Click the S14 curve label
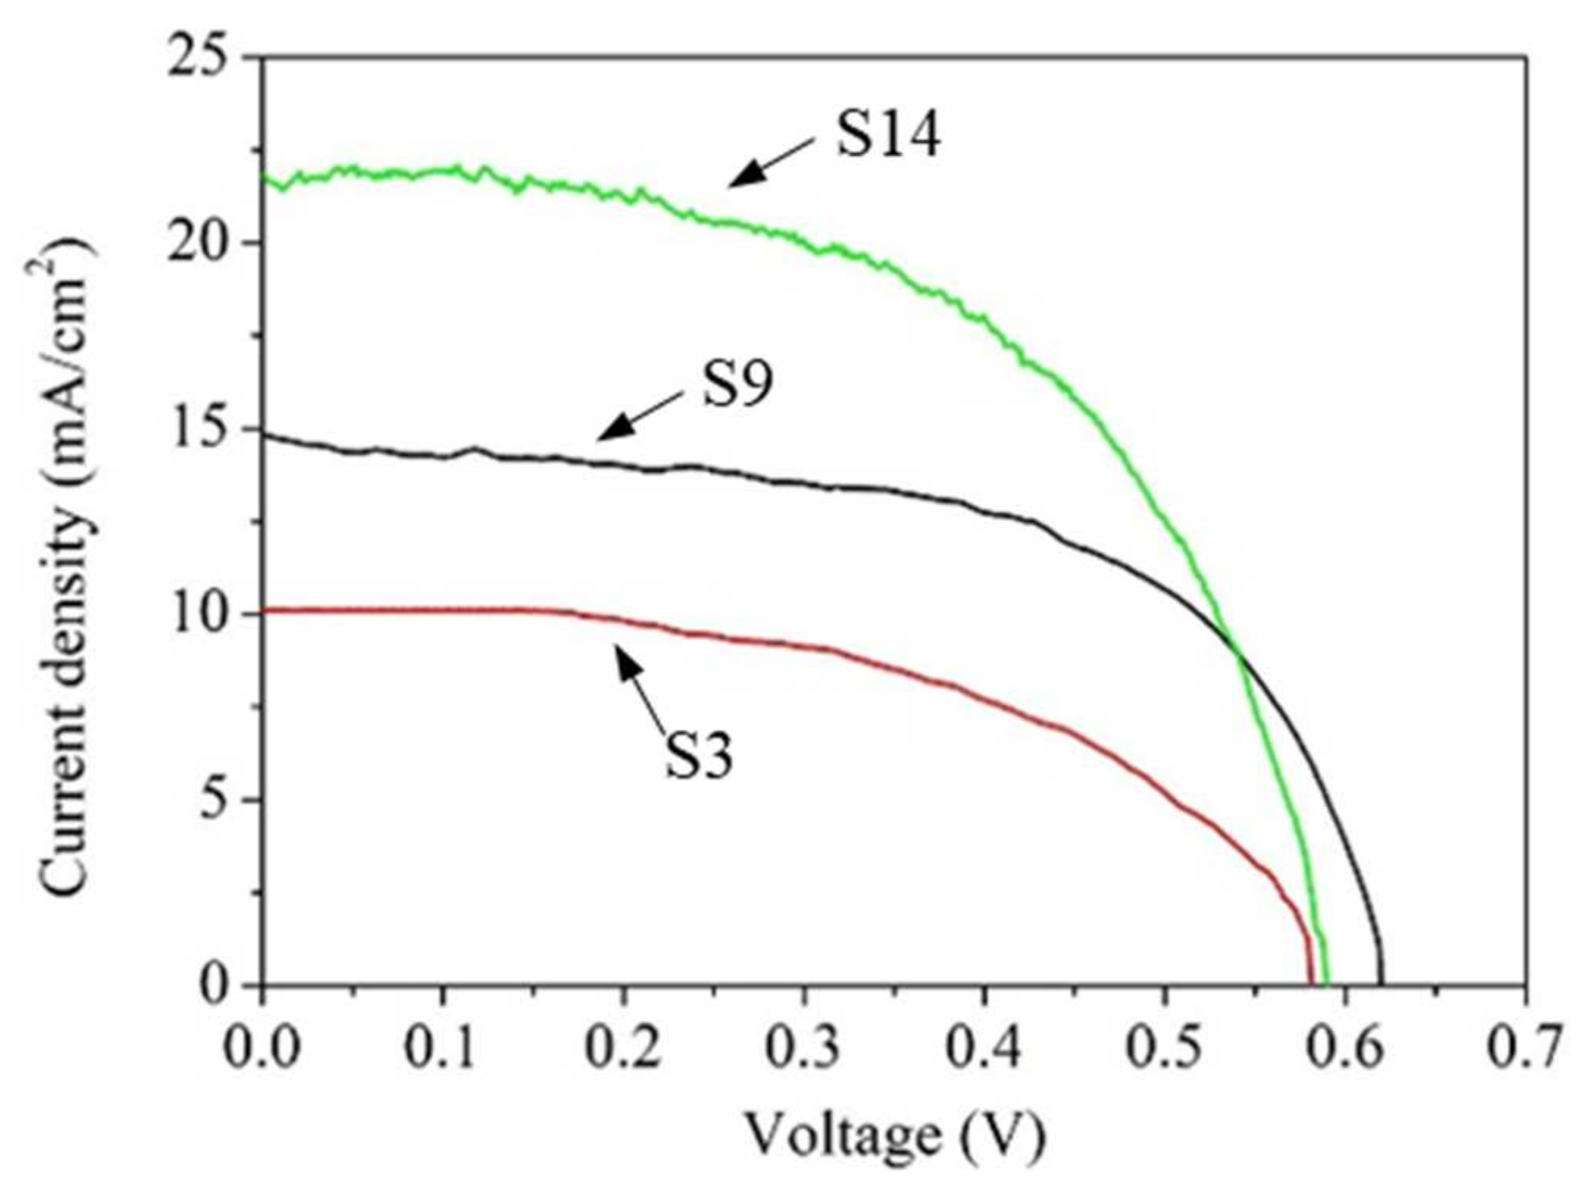(x=888, y=136)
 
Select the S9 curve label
(x=738, y=384)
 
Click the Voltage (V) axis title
(x=894, y=1136)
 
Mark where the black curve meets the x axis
(x=1381, y=983)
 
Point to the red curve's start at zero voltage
(x=264, y=610)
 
